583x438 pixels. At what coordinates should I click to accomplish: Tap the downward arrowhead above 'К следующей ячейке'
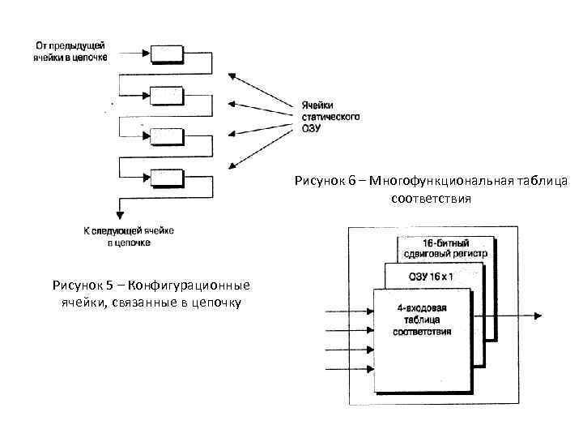click(x=119, y=214)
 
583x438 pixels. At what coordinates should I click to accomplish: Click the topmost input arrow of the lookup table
click(x=348, y=310)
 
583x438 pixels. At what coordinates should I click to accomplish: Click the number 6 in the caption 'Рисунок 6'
click(x=353, y=181)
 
